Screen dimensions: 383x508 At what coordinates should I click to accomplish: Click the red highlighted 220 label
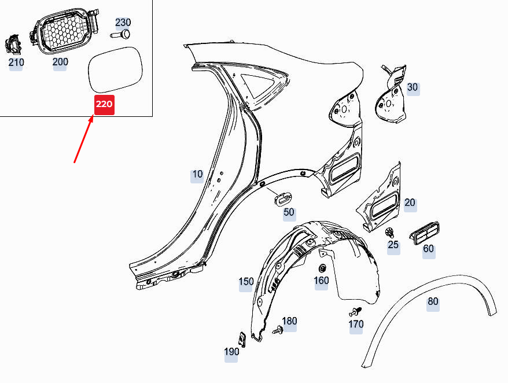click(104, 104)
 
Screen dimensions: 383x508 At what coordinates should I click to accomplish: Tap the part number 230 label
click(123, 23)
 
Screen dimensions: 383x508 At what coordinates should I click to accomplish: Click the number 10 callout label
click(197, 174)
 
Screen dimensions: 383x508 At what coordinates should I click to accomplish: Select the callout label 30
click(412, 88)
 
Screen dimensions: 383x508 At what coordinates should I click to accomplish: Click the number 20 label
click(410, 203)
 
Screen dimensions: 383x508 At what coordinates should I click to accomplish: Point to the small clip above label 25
click(391, 233)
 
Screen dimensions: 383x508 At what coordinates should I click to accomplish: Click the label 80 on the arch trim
click(433, 301)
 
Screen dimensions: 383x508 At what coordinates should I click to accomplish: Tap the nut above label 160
click(322, 268)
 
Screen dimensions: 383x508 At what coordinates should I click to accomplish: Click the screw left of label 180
click(277, 330)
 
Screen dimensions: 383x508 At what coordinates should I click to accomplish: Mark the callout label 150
click(246, 282)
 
